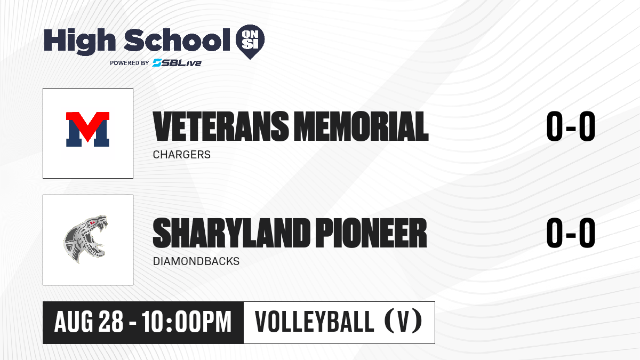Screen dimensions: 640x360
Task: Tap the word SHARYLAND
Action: pyautogui.click(x=231, y=233)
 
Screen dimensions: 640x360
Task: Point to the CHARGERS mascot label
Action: pyautogui.click(x=182, y=155)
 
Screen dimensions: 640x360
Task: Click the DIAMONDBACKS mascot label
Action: pyautogui.click(x=196, y=261)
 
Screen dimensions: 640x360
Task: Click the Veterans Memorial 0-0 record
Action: pyautogui.click(x=571, y=126)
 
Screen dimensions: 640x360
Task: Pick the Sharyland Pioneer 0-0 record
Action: pyautogui.click(x=571, y=233)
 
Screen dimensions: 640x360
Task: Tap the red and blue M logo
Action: pyautogui.click(x=87, y=129)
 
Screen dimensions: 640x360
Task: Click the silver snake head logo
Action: pyautogui.click(x=85, y=239)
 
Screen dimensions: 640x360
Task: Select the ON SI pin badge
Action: pyautogui.click(x=250, y=42)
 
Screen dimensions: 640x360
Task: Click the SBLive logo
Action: pyautogui.click(x=177, y=62)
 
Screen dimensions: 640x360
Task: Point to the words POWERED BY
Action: pyautogui.click(x=129, y=63)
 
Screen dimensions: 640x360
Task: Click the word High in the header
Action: pyautogui.click(x=80, y=42)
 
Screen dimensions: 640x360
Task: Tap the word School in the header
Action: pyautogui.click(x=177, y=40)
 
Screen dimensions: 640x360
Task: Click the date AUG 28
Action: pyautogui.click(x=89, y=322)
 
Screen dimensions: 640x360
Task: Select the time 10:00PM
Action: pyautogui.click(x=187, y=322)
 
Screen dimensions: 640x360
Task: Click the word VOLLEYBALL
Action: pyautogui.click(x=314, y=322)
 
